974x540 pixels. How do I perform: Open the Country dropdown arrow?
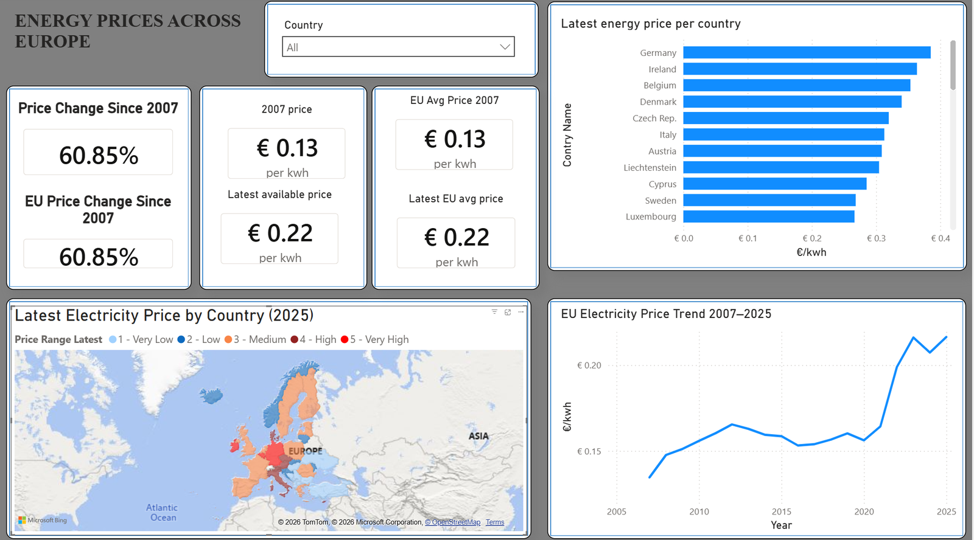point(505,47)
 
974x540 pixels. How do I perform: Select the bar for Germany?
point(807,52)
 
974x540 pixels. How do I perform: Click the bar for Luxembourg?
point(769,216)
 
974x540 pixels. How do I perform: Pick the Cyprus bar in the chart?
point(775,184)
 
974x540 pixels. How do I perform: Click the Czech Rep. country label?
point(654,118)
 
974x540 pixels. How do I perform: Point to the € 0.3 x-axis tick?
point(876,238)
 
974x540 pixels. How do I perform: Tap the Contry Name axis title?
point(567,134)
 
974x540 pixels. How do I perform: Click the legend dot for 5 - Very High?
point(345,339)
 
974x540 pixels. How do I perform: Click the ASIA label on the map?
point(478,436)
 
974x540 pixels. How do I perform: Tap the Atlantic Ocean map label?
point(161,512)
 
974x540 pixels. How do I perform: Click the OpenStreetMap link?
point(453,522)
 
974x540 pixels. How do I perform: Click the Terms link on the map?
point(495,522)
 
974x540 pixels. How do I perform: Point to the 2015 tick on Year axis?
point(782,511)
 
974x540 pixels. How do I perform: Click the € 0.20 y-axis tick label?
point(589,365)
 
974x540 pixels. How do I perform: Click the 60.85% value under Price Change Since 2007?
point(99,155)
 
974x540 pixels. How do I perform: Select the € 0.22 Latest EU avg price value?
point(457,237)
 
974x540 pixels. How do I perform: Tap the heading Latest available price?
point(279,194)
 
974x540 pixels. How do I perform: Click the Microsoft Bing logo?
point(43,520)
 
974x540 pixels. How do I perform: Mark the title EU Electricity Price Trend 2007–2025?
point(666,314)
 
